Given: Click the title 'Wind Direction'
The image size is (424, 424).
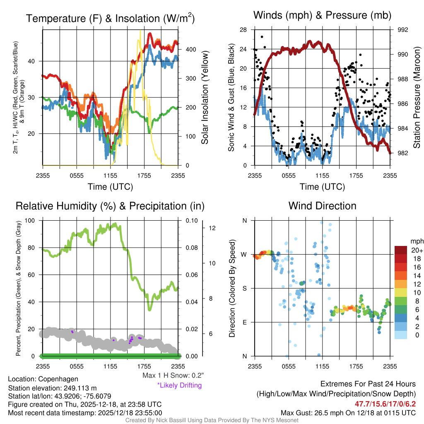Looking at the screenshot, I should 322,205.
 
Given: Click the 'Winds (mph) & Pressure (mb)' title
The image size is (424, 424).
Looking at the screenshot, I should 322,15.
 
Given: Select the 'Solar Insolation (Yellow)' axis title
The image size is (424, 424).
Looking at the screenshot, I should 205,98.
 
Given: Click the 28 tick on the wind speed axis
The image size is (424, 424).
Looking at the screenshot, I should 243,30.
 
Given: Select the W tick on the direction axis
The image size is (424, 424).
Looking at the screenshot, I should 244,254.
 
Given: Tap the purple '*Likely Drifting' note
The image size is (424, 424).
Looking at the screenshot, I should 179,385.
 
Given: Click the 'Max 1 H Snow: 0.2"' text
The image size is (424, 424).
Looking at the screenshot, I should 173,376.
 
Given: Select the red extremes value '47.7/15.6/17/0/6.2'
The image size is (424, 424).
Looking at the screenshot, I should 385,403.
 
